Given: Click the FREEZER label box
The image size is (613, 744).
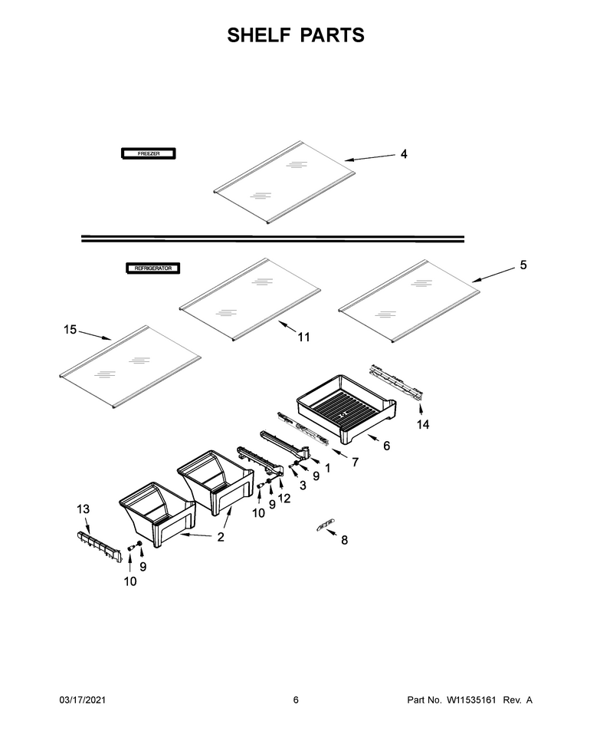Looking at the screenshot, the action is click(x=149, y=153).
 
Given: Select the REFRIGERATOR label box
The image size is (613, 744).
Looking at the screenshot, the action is click(x=152, y=268).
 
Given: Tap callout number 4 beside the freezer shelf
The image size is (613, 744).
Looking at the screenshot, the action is click(x=404, y=154).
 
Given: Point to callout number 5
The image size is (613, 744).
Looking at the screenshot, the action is click(x=523, y=265).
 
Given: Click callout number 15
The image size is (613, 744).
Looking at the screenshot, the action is click(x=70, y=329).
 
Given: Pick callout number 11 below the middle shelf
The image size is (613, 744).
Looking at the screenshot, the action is click(x=303, y=337).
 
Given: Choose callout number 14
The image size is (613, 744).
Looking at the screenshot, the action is click(x=423, y=424).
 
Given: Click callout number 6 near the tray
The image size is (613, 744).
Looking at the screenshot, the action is click(x=386, y=446).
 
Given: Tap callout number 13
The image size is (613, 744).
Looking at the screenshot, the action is click(x=83, y=509).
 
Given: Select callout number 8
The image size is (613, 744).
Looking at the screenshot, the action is click(x=344, y=540).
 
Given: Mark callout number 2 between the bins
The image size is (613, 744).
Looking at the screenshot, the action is click(x=221, y=537).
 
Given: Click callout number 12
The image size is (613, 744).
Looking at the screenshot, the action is click(x=284, y=499).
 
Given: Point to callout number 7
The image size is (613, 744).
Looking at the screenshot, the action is click(x=355, y=462).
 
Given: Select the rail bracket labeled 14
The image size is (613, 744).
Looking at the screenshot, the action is click(x=396, y=382).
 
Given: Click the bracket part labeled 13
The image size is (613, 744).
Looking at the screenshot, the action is click(x=99, y=546).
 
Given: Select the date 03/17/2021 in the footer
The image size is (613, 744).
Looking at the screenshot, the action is click(x=82, y=700).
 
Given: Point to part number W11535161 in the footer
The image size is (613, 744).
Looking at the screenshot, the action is click(x=470, y=700).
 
